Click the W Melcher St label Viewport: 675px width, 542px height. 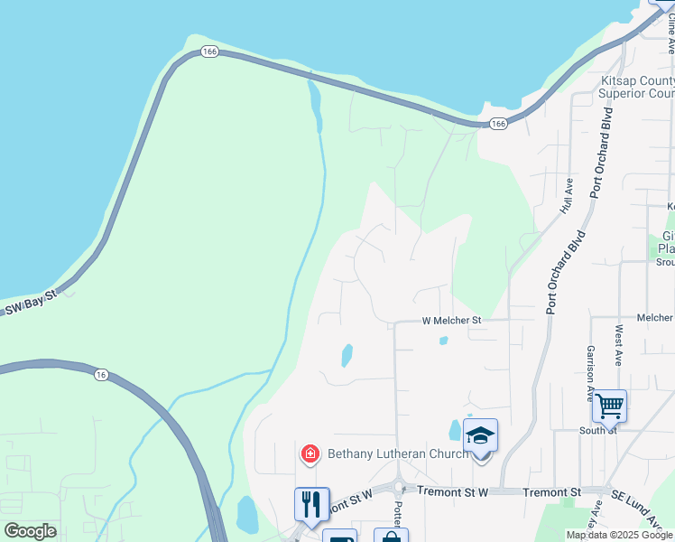[x=452, y=321]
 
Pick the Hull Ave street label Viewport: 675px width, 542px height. [x=567, y=195]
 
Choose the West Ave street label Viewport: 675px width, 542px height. [x=618, y=346]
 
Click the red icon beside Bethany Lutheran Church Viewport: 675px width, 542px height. [x=310, y=453]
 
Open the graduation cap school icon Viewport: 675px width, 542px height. [x=480, y=436]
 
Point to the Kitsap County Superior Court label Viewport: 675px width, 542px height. [x=637, y=87]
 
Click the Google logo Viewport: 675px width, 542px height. [x=30, y=530]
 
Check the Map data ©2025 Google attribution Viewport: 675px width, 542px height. [x=619, y=535]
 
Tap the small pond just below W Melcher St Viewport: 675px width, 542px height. [x=443, y=341]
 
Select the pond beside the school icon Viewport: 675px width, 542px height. [x=455, y=430]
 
